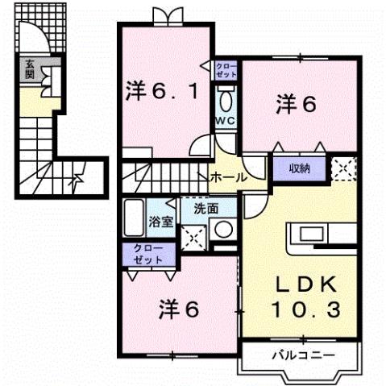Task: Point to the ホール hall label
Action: pyautogui.click(x=228, y=176)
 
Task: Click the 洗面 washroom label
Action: pyautogui.click(x=205, y=208)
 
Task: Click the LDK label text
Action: pyautogui.click(x=306, y=285)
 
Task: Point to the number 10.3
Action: pyautogui.click(x=306, y=309)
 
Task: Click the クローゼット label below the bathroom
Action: pyautogui.click(x=148, y=254)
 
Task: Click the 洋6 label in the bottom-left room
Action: pyautogui.click(x=179, y=308)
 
